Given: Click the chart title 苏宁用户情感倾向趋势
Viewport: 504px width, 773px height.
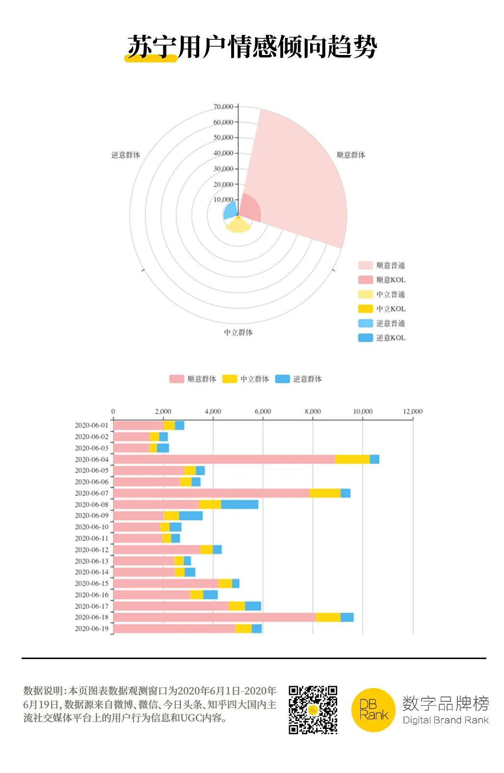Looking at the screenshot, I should click(x=252, y=47).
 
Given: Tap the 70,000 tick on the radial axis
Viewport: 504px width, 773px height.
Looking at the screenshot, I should click(x=223, y=107).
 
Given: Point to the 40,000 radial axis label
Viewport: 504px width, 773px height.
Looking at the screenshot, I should click(x=223, y=153).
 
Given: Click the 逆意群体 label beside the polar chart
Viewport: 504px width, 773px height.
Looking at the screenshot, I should click(x=126, y=155).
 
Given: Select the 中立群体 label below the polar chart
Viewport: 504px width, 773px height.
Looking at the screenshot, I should click(x=239, y=332).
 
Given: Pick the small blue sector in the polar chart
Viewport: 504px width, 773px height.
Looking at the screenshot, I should click(x=231, y=211).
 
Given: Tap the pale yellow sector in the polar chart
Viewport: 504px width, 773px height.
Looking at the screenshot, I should click(x=238, y=225).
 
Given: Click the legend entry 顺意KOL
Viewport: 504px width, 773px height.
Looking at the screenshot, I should click(x=391, y=280).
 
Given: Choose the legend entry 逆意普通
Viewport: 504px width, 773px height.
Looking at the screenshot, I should click(x=391, y=323).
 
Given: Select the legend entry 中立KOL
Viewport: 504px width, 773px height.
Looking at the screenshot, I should click(x=391, y=309).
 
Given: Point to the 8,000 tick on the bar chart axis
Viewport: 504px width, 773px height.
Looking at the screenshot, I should click(x=313, y=412).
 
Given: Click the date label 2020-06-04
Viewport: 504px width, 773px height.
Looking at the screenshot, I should click(x=92, y=460).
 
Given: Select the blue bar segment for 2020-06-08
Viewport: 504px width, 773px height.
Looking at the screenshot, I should click(x=239, y=504).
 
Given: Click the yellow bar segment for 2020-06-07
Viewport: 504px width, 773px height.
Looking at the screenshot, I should click(x=325, y=493).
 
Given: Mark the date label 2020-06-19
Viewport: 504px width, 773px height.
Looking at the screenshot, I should click(x=92, y=629).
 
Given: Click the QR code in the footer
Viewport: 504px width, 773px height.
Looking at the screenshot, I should click(x=313, y=710).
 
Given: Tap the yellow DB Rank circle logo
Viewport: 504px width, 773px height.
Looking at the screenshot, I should click(x=373, y=710).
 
